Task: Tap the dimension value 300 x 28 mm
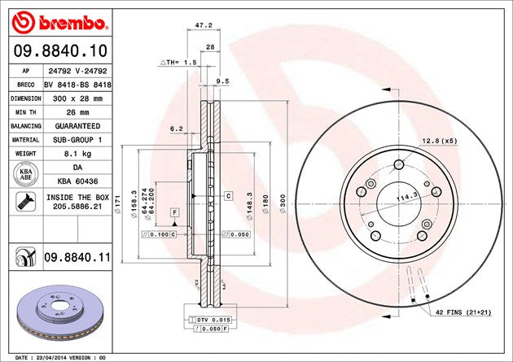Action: click(77, 98)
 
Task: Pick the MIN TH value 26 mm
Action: click(77, 111)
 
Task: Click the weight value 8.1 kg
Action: click(77, 153)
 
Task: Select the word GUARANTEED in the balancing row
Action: click(77, 125)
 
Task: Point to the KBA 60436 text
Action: click(77, 181)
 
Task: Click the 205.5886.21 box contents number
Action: click(77, 207)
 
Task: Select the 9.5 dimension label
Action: click(222, 81)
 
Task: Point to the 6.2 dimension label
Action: click(176, 129)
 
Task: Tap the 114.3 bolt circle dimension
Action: click(408, 196)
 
